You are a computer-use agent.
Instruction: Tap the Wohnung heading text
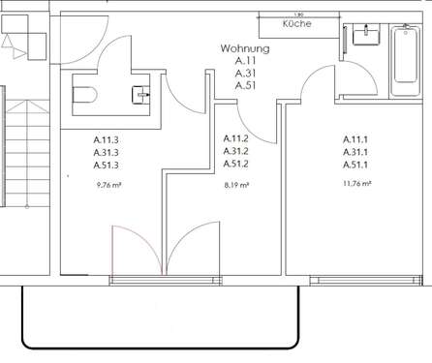click(x=245, y=47)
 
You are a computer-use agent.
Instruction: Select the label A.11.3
click(x=107, y=139)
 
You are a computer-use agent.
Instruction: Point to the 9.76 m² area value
click(x=108, y=183)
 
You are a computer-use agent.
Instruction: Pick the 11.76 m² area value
click(x=357, y=183)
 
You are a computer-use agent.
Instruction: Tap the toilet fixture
click(x=83, y=95)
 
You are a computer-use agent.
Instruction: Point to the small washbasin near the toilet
click(x=142, y=93)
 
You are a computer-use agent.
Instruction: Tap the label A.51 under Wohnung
click(x=245, y=85)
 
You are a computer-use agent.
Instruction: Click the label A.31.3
click(x=107, y=151)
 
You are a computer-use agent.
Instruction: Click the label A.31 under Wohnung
click(x=245, y=73)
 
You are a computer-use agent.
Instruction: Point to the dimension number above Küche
click(x=300, y=14)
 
